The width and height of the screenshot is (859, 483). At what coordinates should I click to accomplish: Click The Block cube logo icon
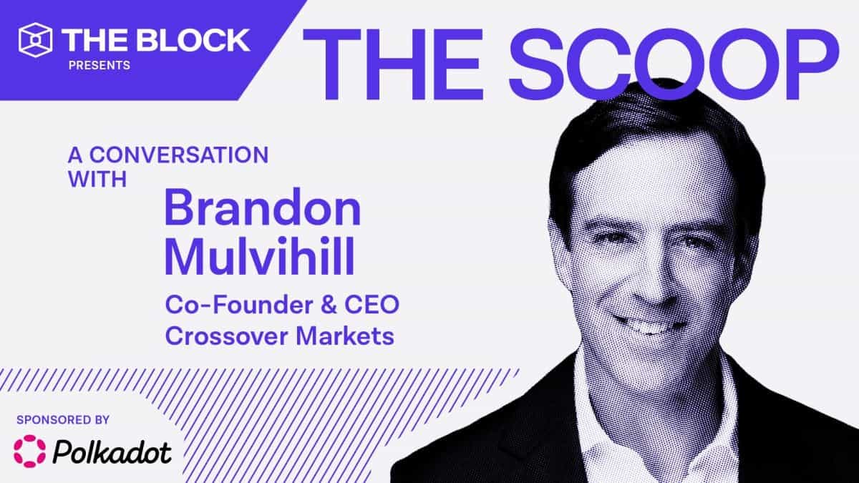(35, 40)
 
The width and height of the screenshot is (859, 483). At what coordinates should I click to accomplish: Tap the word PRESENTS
(100, 65)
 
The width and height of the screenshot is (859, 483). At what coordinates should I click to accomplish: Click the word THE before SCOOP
(393, 64)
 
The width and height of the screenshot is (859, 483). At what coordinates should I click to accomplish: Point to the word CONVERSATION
(179, 155)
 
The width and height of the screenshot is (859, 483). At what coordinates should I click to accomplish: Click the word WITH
(97, 179)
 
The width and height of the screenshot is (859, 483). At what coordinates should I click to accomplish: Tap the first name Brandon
(263, 208)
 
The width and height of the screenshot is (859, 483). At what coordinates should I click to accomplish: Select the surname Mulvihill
(260, 255)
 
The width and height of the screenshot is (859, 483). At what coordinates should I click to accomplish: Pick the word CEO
(372, 305)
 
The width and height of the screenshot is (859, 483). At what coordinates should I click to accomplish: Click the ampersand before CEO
(329, 305)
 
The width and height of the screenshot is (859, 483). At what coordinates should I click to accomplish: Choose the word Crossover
(227, 336)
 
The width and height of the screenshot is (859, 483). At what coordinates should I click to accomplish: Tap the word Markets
(345, 336)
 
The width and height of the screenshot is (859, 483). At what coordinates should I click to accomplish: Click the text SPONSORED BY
(63, 420)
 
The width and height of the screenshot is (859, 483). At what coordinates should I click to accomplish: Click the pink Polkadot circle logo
(29, 452)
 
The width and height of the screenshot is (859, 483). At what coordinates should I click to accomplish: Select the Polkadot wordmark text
(112, 452)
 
